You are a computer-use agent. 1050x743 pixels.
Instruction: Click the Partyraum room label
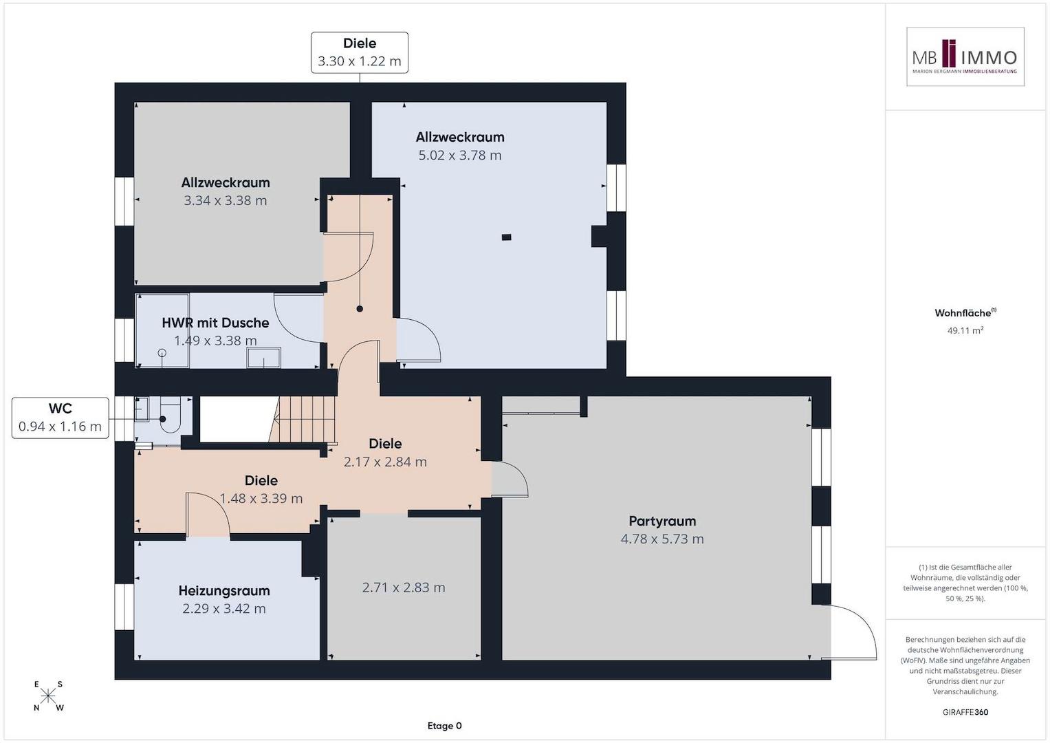click(662, 521)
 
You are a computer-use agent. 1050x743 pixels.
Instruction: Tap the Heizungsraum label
click(224, 590)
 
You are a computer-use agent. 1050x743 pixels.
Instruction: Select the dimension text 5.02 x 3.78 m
click(460, 155)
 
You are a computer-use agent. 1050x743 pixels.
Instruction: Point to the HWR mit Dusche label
click(216, 323)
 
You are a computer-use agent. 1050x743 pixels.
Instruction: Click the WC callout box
click(61, 418)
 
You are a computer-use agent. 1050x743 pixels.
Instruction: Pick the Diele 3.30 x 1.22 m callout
click(360, 52)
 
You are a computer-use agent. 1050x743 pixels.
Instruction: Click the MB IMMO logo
click(965, 56)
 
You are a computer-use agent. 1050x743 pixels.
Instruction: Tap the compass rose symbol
click(48, 696)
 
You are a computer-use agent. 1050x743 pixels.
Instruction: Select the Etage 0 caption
click(444, 726)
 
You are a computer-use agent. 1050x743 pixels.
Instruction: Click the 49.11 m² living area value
click(965, 330)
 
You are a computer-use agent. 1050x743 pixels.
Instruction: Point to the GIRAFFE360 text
click(965, 712)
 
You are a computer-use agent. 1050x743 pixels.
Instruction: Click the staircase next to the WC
click(303, 419)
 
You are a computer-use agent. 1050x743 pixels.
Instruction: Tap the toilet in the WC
click(169, 415)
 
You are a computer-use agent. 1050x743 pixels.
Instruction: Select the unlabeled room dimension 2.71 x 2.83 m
click(404, 588)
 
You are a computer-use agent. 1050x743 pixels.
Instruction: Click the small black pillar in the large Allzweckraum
click(506, 237)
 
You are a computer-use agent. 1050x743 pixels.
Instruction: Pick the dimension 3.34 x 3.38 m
click(225, 201)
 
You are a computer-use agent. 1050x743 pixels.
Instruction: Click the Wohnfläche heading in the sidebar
click(965, 313)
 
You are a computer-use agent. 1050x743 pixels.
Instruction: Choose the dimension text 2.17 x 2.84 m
click(385, 462)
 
